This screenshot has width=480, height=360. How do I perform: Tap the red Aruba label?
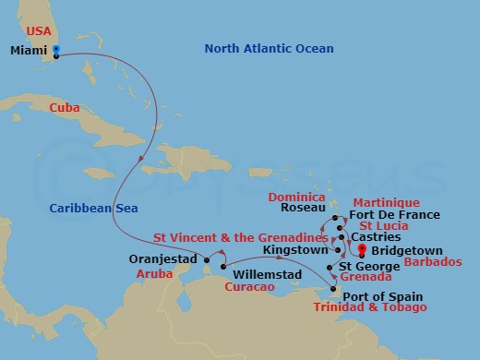pyautogui.click(x=154, y=275)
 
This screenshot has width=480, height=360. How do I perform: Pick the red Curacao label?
pyautogui.click(x=249, y=288)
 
